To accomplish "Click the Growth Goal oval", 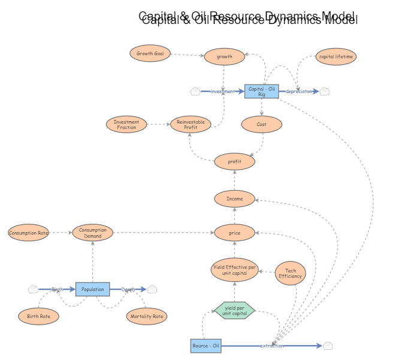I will click(150, 53).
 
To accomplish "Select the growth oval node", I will click(224, 57).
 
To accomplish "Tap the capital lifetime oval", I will click(336, 56).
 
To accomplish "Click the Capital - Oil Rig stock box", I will click(261, 91).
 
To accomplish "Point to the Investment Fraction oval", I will click(126, 124).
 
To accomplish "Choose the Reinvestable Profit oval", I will click(191, 124).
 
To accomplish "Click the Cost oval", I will click(261, 124).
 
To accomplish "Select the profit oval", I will click(234, 161).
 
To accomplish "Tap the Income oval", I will click(234, 199).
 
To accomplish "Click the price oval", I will click(234, 232).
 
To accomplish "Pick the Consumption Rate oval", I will click(28, 233).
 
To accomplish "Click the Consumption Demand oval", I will click(93, 233).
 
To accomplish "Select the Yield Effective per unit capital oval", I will click(234, 269).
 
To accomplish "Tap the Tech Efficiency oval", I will click(291, 273).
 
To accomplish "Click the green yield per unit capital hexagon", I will click(234, 310).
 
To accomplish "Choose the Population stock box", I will click(93, 289).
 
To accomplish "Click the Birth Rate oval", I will click(38, 316).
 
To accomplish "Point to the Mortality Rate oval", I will click(147, 316).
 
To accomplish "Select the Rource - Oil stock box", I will click(206, 346).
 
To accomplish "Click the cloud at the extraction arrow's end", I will click(327, 346).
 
